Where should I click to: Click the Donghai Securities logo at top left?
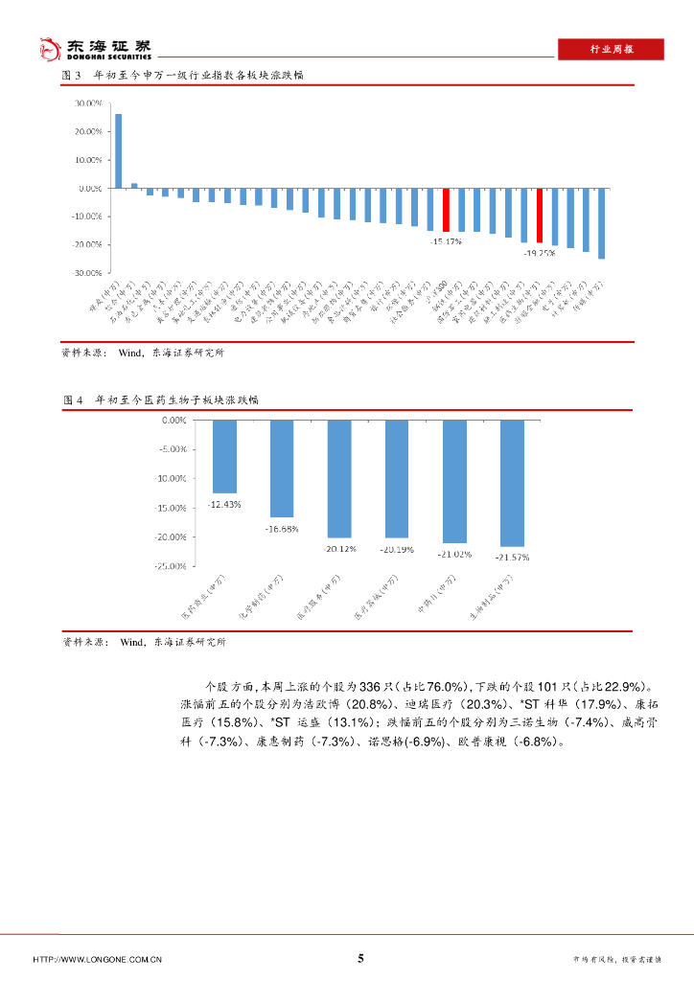94,48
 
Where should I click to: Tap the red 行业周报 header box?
611,50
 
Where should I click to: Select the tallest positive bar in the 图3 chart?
118,150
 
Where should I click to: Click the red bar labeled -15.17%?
446,210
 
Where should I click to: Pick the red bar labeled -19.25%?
540,216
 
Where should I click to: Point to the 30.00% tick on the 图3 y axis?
89,103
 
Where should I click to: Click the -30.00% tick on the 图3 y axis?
88,273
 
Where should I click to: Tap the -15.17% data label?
445,241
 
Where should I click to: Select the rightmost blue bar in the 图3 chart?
601,223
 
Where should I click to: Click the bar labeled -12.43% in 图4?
224,456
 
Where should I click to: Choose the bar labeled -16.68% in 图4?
282,468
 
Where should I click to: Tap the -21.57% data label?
512,557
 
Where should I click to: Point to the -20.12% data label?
339,549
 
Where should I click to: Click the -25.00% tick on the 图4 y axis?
172,566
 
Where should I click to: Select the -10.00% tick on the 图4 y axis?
172,478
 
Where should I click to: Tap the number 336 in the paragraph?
372,687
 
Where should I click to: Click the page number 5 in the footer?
360,958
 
